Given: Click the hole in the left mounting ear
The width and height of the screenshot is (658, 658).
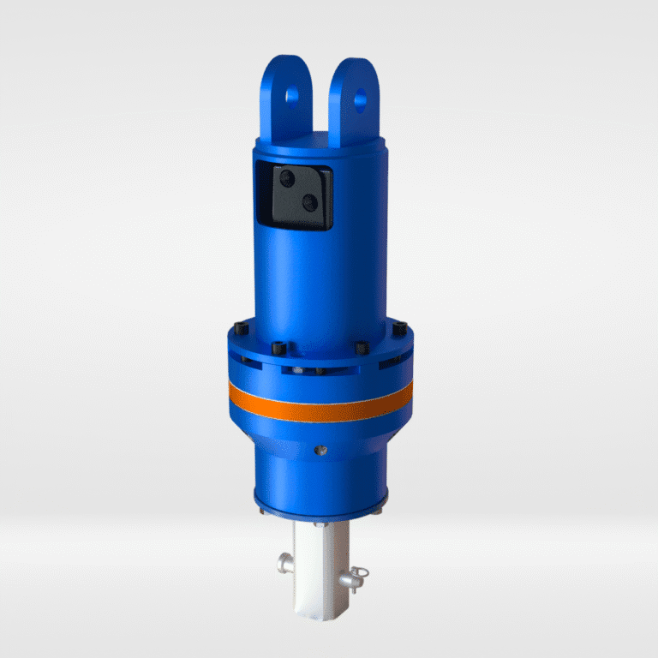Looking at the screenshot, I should point(295,92).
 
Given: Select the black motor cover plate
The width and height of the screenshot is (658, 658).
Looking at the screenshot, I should point(299,196).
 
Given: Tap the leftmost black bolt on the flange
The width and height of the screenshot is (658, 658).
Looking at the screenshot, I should point(237,327).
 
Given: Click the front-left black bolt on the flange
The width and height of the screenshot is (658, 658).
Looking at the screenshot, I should point(279,349).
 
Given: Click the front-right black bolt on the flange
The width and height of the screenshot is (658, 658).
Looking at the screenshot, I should point(361,348).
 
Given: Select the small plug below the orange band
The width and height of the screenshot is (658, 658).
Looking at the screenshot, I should point(319,449).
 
